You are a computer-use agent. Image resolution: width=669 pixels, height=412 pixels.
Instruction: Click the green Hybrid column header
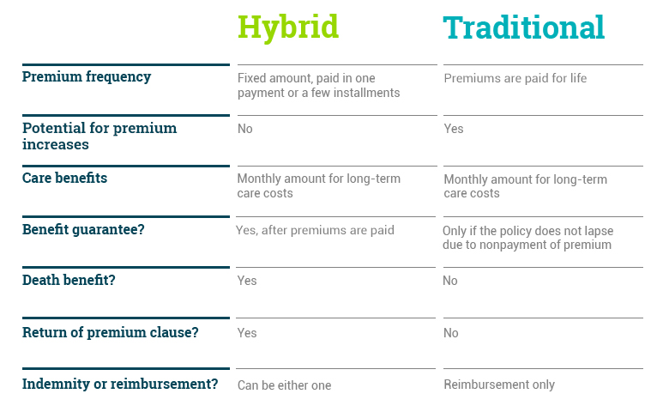288,28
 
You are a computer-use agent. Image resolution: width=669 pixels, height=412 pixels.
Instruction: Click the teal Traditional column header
523,27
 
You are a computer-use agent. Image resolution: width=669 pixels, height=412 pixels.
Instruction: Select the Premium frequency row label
87,77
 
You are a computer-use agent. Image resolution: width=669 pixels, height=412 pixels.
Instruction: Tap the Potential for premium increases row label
99,136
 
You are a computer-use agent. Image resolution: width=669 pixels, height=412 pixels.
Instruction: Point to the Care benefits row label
64,178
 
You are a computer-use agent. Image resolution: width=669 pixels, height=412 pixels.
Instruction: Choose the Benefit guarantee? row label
83,229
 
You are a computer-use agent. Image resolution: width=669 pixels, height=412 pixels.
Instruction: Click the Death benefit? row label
69,280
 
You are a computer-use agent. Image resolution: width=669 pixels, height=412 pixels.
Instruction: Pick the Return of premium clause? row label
110,332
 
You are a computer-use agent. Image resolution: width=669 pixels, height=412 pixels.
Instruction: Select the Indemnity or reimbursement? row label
120,384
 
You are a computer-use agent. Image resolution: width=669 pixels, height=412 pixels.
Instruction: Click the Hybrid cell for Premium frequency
319,85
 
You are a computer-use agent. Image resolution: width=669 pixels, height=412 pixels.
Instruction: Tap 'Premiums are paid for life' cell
515,78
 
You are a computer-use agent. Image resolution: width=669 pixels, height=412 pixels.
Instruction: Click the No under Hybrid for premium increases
245,129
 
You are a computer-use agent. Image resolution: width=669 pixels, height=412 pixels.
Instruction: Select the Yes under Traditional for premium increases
453,129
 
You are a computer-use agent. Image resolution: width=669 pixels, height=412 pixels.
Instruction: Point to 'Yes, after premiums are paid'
315,230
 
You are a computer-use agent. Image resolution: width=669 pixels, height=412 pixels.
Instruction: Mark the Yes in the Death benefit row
247,281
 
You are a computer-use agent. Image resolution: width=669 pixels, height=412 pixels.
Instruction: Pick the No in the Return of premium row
450,332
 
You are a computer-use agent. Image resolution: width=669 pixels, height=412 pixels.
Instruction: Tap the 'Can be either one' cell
284,385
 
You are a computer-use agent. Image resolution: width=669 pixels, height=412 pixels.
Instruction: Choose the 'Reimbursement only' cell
499,385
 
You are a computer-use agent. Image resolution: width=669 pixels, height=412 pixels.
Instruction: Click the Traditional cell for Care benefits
525,186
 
